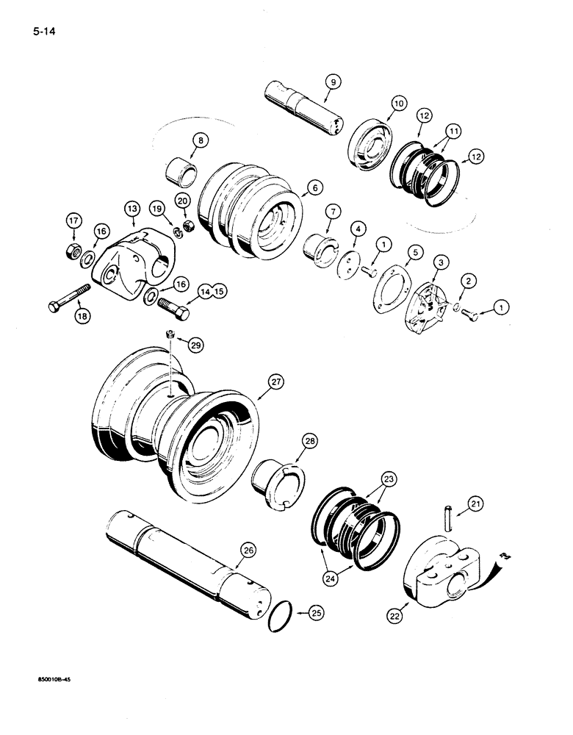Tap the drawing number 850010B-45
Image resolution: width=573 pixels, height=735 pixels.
point(48,680)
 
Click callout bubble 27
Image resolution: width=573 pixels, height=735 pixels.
point(275,381)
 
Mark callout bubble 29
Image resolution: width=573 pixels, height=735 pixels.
point(195,345)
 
